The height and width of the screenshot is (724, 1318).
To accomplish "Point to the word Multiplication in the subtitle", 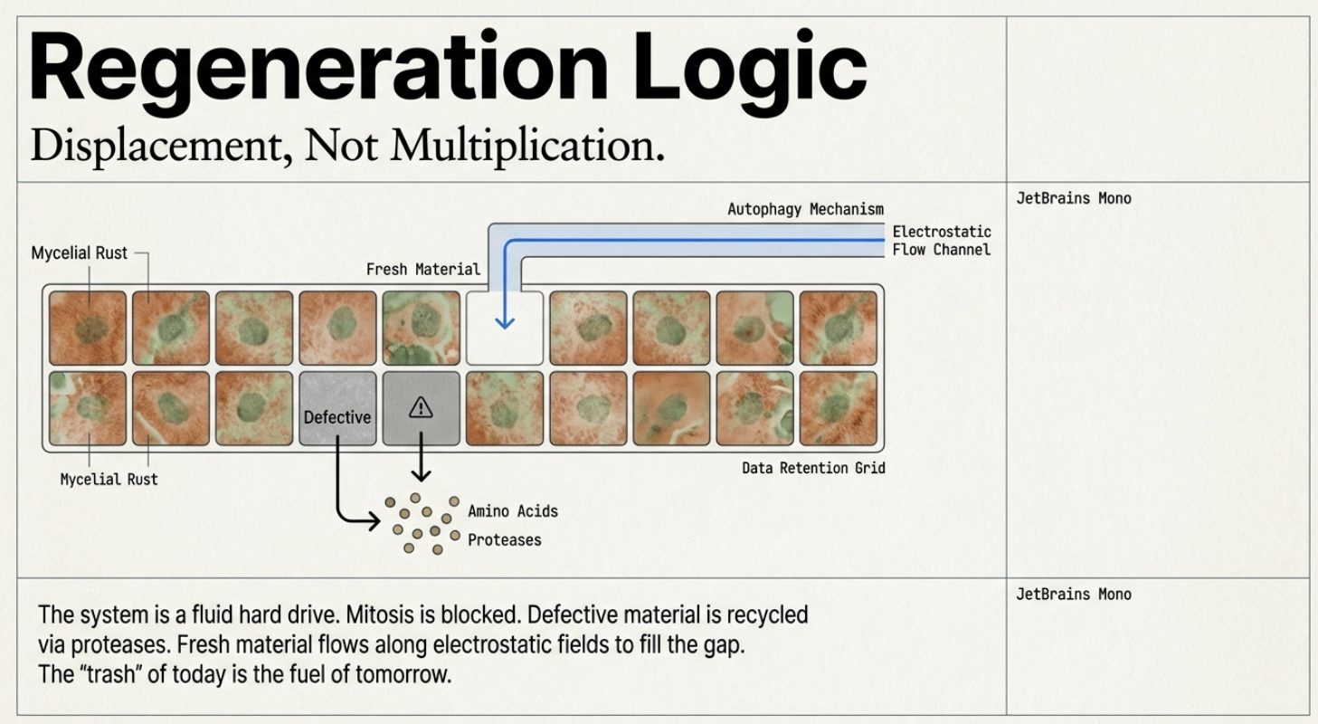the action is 527,145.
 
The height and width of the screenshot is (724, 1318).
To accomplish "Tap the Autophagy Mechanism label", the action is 805,210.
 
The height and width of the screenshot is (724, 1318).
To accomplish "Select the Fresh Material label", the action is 423,270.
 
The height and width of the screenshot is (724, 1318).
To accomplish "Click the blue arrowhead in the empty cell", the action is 505,322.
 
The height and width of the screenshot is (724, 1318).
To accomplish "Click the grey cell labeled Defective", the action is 337,408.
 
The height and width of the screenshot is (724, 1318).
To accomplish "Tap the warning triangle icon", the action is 421,407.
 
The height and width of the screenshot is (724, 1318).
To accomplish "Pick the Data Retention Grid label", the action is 813,469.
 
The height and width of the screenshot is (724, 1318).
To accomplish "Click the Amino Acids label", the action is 513,511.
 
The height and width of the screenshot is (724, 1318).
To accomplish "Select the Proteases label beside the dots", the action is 504,540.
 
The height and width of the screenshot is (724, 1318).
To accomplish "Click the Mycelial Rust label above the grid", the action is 79,253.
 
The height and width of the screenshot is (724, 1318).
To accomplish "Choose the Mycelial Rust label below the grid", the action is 109,480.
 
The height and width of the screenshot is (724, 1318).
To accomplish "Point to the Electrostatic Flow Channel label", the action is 942,241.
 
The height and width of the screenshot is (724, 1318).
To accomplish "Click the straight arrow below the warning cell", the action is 421,457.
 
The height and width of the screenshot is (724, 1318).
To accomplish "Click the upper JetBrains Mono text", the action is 1074,198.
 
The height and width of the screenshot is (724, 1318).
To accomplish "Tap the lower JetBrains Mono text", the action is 1074,595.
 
